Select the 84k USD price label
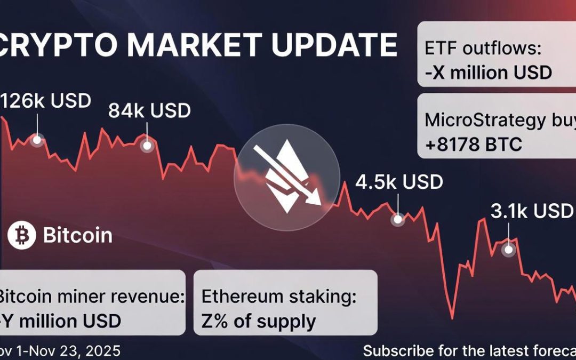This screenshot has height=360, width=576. tap(149, 111)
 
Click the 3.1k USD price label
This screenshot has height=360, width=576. tap(531, 211)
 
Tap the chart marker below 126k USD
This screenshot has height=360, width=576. tap(37, 140)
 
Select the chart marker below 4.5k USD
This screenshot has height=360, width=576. tap(398, 219)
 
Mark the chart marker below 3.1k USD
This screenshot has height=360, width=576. tap(509, 249)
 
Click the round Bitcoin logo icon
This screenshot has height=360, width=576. tap(22, 235)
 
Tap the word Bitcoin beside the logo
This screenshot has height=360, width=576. tap(77, 235)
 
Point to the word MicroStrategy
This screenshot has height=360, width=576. tap(483, 120)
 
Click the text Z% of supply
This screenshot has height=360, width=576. tap(259, 321)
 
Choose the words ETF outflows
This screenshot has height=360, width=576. tap(483, 49)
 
